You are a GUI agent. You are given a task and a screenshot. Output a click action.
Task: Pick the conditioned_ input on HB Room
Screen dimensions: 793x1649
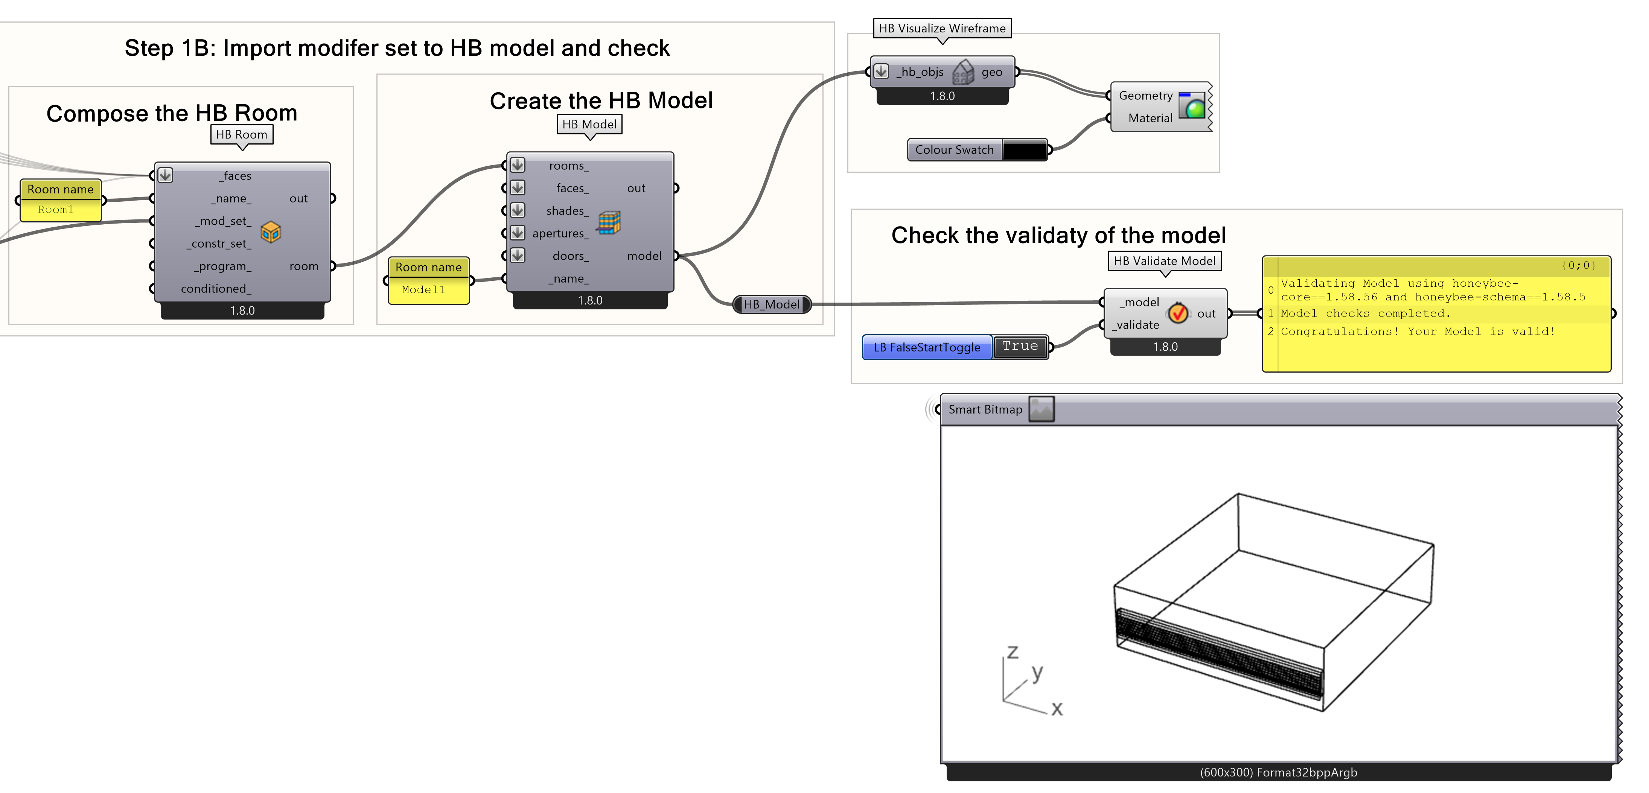click(x=216, y=289)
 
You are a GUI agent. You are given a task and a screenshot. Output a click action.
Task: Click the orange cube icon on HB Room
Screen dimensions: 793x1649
click(x=271, y=232)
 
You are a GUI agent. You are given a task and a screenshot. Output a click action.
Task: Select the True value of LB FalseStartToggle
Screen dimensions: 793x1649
click(x=1020, y=346)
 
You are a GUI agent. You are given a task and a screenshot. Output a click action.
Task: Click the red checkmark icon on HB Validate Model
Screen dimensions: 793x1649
click(x=1178, y=313)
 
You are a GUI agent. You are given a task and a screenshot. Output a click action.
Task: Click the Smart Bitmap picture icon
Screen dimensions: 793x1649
click(x=1041, y=409)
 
